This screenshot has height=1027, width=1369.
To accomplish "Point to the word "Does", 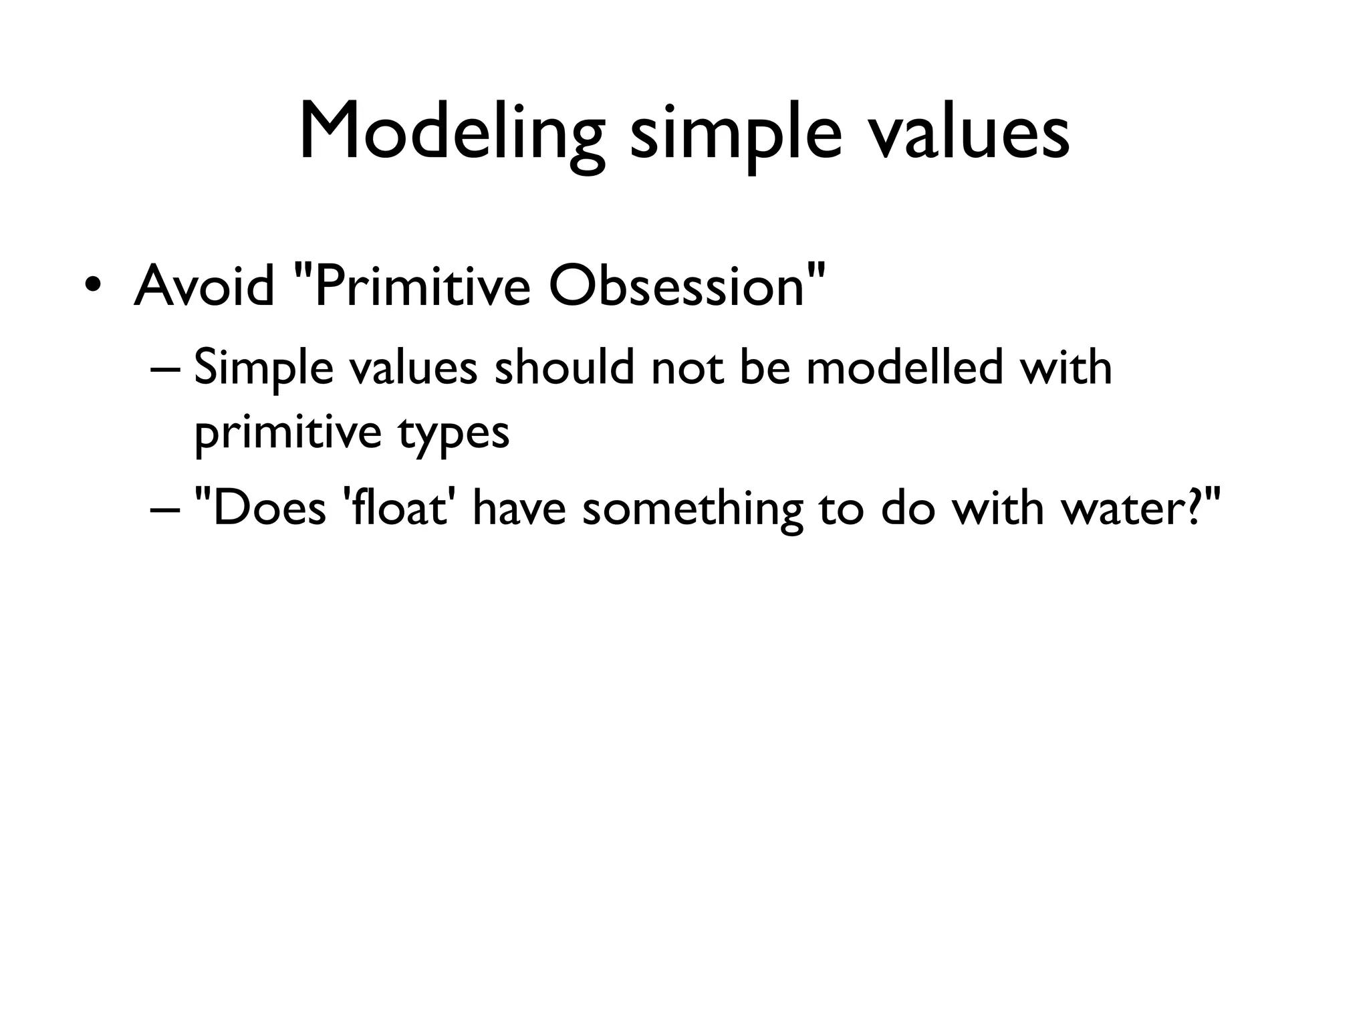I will click(260, 508).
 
